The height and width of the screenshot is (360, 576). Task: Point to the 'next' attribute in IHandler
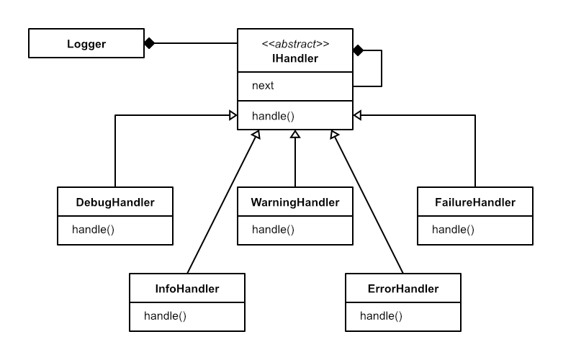[263, 86]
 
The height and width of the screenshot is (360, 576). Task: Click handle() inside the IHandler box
[274, 115]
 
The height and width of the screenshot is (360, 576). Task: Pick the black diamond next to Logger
[149, 43]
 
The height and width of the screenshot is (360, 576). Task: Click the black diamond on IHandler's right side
[358, 50]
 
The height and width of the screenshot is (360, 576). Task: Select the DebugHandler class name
[115, 202]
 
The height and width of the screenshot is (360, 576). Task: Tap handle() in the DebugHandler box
[94, 230]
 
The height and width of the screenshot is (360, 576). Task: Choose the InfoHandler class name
[187, 289]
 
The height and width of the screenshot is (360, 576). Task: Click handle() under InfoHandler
[166, 316]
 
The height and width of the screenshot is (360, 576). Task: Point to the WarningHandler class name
[295, 202]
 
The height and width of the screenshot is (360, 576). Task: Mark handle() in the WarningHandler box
[274, 230]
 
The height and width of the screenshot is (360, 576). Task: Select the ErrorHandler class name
[403, 289]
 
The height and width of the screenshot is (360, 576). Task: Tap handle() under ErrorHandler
[382, 316]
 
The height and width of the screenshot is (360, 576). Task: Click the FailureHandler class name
[475, 202]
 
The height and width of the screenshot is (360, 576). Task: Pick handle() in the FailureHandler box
[454, 230]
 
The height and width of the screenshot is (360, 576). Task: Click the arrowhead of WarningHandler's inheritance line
[295, 135]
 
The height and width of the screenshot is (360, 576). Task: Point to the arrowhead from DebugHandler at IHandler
[233, 115]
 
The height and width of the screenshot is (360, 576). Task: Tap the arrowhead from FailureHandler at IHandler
[358, 115]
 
